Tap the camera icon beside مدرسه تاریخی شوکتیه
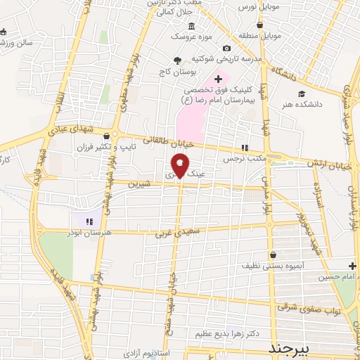[226, 48]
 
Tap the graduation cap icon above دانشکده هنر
[301, 93]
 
